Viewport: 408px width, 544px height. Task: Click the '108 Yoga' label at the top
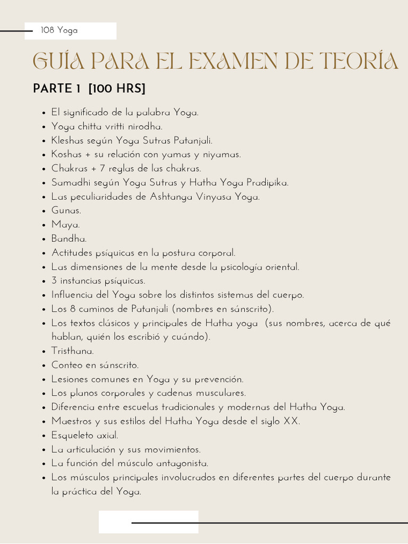tap(59, 30)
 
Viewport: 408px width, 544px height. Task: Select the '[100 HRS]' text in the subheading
tap(117, 89)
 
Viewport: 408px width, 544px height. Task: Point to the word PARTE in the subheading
tap(52, 89)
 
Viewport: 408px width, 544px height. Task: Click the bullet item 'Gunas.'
tap(66, 211)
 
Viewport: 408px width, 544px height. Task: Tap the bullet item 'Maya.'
tap(65, 225)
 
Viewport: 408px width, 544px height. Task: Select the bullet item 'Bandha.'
tap(69, 239)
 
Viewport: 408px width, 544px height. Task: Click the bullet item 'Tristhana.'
tap(72, 351)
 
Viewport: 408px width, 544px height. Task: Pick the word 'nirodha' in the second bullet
tap(144, 127)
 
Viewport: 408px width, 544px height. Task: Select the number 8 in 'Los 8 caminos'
tap(73, 309)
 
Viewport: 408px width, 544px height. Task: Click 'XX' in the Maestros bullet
tap(291, 421)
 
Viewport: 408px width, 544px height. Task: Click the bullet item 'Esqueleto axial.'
tap(84, 436)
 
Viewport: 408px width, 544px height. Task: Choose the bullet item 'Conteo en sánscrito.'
tap(95, 365)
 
